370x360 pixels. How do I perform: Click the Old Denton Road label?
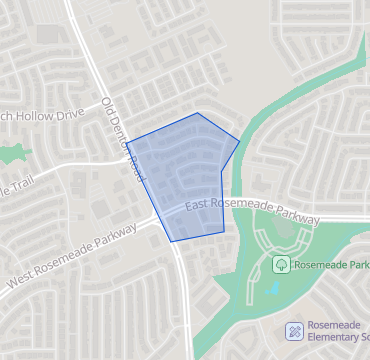tap(124, 140)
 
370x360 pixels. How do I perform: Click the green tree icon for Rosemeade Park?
tap(282, 265)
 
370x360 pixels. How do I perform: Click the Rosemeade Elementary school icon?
tap(295, 330)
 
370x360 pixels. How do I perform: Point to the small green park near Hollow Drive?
tap(12, 154)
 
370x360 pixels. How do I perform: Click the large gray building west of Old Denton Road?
tap(48, 34)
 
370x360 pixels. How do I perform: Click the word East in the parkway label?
tap(198, 204)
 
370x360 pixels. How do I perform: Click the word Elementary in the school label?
tap(335, 341)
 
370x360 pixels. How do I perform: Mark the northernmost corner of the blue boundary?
tap(198, 113)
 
